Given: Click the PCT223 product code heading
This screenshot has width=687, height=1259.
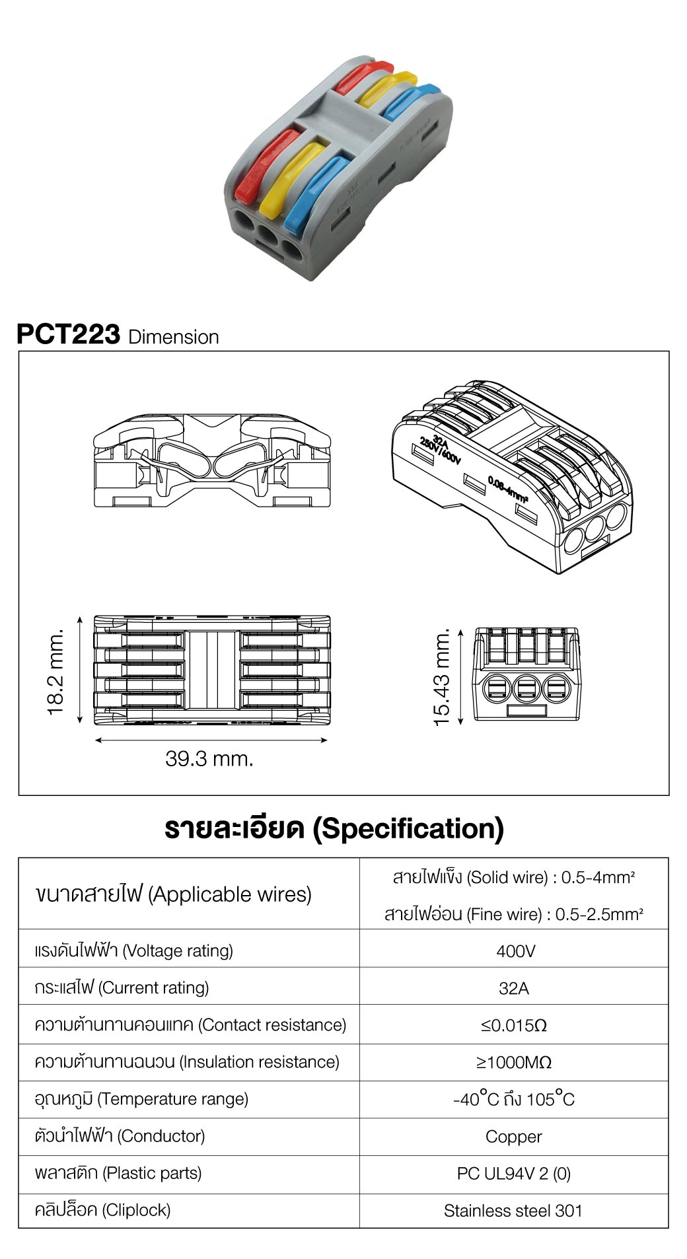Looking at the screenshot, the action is coord(68,334).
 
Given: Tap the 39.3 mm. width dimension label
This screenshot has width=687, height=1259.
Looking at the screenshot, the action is coord(209,759).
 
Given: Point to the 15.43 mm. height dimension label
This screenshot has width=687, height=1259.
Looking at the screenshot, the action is coord(441,677).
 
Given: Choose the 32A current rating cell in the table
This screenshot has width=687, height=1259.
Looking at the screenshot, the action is coord(514,988).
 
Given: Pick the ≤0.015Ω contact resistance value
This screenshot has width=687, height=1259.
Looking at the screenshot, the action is coord(514,1026).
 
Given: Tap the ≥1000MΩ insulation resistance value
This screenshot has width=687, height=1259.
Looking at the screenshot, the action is coord(514,1063).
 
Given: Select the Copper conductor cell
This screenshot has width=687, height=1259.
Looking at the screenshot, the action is coord(513,1137).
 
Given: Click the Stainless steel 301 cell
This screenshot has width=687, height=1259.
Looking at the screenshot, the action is coord(513,1211).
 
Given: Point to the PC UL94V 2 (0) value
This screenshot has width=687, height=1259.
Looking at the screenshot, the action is coord(513,1174).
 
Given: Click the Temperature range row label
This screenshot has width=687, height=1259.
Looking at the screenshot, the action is coord(141,1099).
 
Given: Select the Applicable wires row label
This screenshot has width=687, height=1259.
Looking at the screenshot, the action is coord(173,894).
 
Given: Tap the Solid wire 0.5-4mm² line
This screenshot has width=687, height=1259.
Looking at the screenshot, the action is coord(514,878).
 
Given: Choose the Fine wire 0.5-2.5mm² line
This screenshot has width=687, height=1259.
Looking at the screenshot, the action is coord(514,914).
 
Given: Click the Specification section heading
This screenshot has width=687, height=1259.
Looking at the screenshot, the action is coord(334,828).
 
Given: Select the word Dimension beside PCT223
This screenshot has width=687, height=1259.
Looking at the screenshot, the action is coord(174,337).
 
